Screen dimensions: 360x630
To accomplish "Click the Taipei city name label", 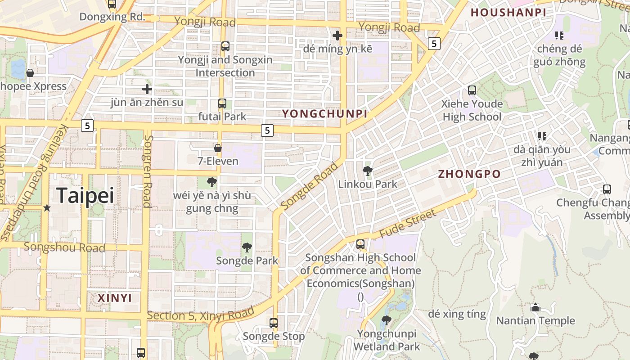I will (x=85, y=195).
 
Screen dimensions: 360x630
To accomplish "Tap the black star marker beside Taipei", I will (x=47, y=208).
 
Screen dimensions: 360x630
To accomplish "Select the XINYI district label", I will (x=115, y=298).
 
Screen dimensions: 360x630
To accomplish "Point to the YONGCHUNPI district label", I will (x=324, y=114).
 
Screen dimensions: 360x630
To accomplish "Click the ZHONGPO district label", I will (x=469, y=174).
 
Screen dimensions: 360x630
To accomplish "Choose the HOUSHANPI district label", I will (x=508, y=13).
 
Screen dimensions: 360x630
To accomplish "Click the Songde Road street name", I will (x=309, y=186).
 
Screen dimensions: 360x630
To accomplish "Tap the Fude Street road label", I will (x=408, y=224).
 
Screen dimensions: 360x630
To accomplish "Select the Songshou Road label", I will (x=64, y=247).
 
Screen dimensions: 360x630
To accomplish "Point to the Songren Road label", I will (x=148, y=171).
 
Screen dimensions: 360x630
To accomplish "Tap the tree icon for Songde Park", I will (x=247, y=247).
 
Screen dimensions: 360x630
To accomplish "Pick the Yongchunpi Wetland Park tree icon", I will (x=386, y=320).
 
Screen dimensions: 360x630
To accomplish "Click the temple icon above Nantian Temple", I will (x=535, y=308).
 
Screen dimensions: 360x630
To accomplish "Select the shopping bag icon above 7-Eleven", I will (x=218, y=148).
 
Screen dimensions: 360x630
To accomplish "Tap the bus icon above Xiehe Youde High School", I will (x=472, y=90).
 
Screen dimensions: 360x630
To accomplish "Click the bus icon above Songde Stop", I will (x=274, y=323).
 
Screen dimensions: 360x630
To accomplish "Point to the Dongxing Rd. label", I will (x=112, y=17).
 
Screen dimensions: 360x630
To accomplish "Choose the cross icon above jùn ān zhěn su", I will (x=147, y=89).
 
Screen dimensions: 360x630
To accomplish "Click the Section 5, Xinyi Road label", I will (x=201, y=315).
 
